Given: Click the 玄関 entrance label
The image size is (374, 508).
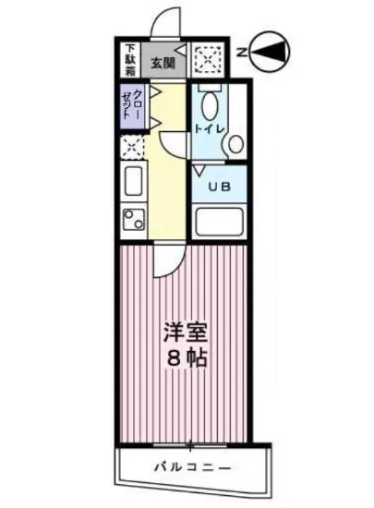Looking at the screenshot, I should pos(163,63).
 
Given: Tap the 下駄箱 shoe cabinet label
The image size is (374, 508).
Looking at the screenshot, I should pos(130,60).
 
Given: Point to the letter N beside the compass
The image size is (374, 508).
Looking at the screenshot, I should pos(239,53).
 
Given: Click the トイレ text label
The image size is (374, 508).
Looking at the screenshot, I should pos(207,129).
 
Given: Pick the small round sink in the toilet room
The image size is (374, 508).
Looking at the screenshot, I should pos(235,144).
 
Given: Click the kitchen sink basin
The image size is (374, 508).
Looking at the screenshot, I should pos(130,181).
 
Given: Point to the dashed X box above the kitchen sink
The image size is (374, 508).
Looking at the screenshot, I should pos(131,148).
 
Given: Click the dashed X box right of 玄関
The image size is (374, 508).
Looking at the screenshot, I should pos(206,61).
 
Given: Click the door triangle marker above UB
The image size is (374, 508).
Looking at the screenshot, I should pos(199,169).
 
